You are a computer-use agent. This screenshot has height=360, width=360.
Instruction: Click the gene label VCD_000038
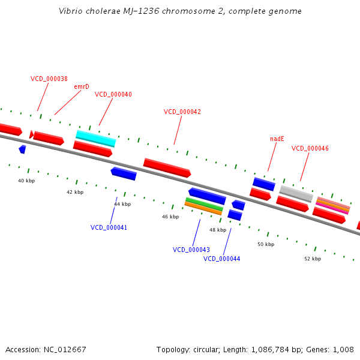pos(49,79)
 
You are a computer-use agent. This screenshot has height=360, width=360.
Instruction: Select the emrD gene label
pos(82,86)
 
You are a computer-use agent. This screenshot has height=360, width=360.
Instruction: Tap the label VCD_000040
pos(113,94)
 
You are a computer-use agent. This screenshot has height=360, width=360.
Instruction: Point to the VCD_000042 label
pos(182,112)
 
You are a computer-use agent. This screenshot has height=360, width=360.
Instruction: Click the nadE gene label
pos(277,139)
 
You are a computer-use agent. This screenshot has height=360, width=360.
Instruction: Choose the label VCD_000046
pos(310,148)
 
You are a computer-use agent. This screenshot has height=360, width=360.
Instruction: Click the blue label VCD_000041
pos(109,227)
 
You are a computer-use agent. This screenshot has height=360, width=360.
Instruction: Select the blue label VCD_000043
pos(191,250)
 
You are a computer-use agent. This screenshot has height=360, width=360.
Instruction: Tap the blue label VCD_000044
pos(222,259)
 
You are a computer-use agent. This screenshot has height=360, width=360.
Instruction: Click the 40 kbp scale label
pos(26,181)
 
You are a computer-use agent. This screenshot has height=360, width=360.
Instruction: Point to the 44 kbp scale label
pos(122,204)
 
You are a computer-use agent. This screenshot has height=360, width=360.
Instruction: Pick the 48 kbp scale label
pos(217,230)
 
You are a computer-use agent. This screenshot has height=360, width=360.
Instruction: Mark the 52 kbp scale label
pos(312,259)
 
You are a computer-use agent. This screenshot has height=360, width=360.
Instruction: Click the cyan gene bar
pos(95,138)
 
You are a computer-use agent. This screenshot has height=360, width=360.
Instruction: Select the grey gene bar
pos(296,193)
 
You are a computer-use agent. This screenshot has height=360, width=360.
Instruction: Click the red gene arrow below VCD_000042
pos(167,167)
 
